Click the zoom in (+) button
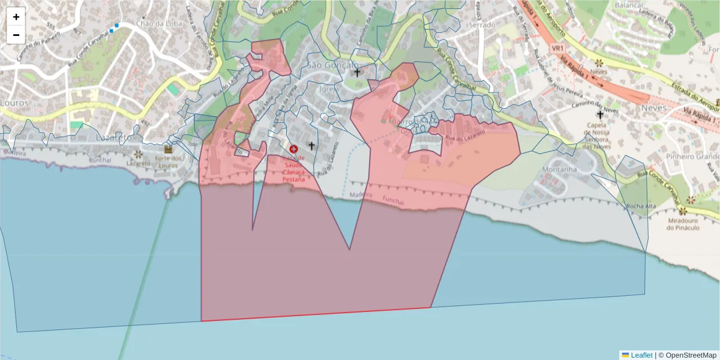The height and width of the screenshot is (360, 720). (16, 17)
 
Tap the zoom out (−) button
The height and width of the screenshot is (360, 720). (16, 34)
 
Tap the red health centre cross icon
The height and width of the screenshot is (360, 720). (294, 148)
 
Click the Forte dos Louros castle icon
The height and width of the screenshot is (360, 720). (168, 148)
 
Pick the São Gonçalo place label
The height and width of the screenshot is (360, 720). (332, 65)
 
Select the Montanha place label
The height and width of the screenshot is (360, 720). (559, 169)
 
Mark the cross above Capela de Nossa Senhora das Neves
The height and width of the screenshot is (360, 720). (599, 114)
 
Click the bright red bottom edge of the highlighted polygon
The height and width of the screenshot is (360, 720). (316, 314)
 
